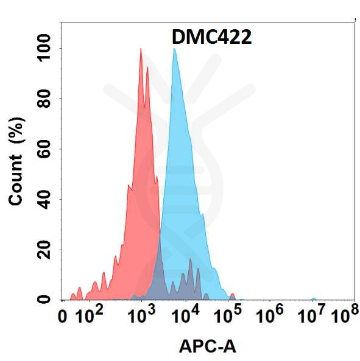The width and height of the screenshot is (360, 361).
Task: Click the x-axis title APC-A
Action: click(x=207, y=346)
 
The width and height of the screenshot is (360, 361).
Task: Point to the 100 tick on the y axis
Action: click(x=43, y=48)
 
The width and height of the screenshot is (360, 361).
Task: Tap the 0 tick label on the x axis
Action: click(x=62, y=317)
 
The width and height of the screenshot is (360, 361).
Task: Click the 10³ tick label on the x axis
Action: click(x=142, y=316)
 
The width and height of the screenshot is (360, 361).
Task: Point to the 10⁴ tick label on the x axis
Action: click(x=185, y=316)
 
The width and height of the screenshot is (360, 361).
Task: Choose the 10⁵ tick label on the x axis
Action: click(x=228, y=316)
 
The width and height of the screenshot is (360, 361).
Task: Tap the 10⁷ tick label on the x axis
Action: click(x=314, y=316)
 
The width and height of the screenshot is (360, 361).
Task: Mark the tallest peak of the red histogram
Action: click(x=141, y=49)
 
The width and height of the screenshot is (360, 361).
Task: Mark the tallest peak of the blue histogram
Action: click(x=174, y=49)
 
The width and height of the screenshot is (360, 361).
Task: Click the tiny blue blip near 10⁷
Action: click(x=314, y=299)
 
